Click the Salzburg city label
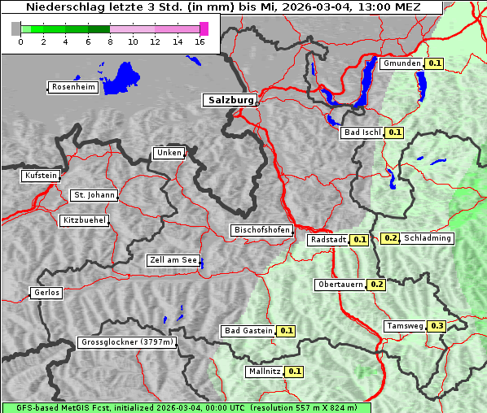point(229,100)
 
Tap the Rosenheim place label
point(72,87)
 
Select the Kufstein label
point(40,176)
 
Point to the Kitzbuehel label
point(83,220)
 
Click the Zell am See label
point(173,261)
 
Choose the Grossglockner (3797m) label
point(127,343)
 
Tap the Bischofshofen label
point(261,231)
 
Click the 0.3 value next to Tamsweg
point(437,326)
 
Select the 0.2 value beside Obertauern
point(377,285)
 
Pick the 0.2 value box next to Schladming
point(390,238)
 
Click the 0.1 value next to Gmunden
point(435,63)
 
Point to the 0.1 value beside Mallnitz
point(295,372)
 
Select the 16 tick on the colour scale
point(200,41)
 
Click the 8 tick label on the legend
point(111,41)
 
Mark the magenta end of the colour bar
point(204,28)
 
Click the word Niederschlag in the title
point(58,7)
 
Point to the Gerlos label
point(46,293)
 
